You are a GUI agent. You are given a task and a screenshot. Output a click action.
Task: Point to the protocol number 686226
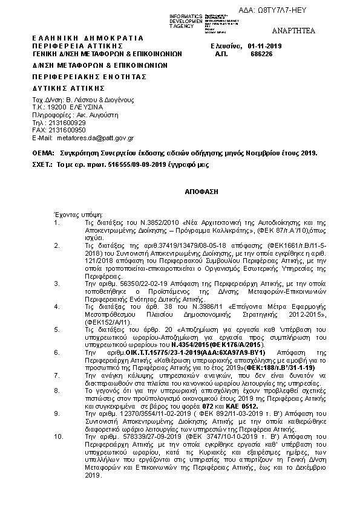[261, 53]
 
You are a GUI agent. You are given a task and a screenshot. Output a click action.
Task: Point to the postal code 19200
[57, 106]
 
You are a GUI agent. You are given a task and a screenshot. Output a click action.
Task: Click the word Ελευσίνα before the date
[225, 45]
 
